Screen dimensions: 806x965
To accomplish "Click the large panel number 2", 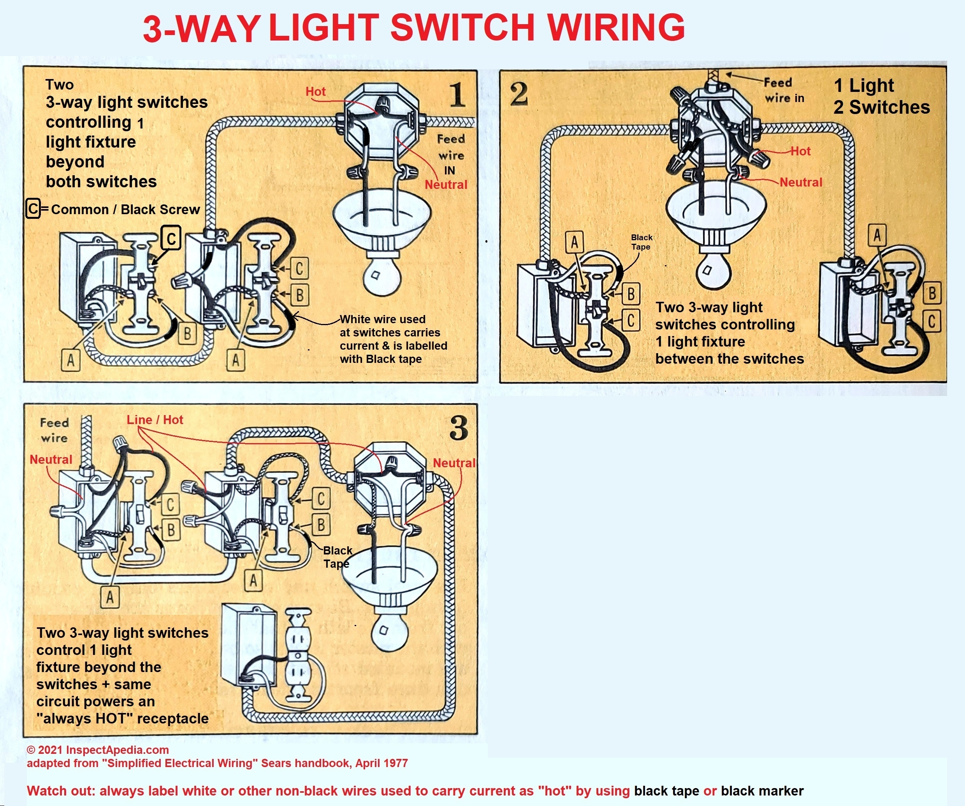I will point(519,94).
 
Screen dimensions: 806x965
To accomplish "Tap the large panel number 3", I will point(459,428).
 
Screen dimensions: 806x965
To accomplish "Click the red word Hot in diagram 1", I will point(316,92).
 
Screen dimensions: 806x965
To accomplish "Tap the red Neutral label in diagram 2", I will point(800,183).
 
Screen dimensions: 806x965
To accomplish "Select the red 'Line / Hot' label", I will point(155,419).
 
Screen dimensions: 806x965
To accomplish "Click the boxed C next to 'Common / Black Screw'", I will point(33,209).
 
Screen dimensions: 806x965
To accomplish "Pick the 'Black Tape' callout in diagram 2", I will point(642,242).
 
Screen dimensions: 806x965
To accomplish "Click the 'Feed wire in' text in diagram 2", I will point(784,90).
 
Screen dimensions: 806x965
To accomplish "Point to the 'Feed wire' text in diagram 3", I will point(54,430).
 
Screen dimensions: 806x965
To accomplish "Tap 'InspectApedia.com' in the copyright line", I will point(117,750).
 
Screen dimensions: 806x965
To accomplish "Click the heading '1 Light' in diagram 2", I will point(864,86).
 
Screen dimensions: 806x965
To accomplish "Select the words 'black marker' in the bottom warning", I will point(762,791).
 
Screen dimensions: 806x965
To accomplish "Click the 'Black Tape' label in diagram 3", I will point(337,557).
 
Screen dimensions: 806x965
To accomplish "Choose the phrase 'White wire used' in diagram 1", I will point(382,319).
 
